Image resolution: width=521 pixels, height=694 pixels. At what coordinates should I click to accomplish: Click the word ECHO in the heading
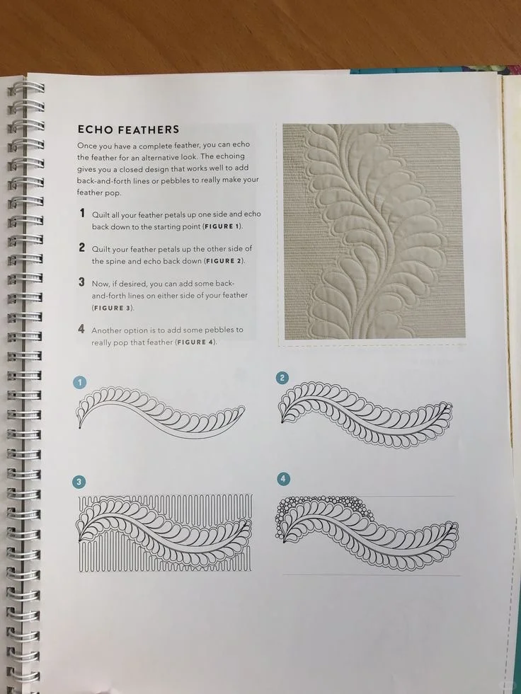pos(94,129)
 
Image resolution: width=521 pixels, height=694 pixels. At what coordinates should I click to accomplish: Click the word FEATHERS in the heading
pos(147,129)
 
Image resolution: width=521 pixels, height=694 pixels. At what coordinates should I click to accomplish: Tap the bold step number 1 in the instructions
pos(82,214)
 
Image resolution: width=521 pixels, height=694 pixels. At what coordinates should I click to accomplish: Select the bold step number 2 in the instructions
pos(82,248)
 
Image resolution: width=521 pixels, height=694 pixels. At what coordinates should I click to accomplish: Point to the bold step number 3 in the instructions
pos(81,282)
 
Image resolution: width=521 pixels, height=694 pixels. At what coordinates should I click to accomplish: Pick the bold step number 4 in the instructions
pos(81,329)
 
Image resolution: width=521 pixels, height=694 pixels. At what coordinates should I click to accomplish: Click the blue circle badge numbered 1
pos(80,383)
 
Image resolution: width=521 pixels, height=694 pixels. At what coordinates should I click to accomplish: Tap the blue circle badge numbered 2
pos(282,378)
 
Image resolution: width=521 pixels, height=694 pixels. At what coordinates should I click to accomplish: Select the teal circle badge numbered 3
pos(79,482)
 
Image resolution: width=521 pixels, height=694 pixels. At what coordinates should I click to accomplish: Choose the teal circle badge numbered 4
pos(283,478)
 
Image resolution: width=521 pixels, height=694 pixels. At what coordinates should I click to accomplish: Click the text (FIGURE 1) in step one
pos(222,226)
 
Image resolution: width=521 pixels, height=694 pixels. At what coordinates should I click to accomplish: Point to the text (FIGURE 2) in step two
pos(224,261)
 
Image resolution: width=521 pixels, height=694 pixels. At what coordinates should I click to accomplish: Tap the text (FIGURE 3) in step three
pos(113,308)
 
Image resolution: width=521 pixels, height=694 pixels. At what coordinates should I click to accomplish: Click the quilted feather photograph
pos(373,231)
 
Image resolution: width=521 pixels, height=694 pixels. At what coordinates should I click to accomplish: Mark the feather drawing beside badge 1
pos(161,412)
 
